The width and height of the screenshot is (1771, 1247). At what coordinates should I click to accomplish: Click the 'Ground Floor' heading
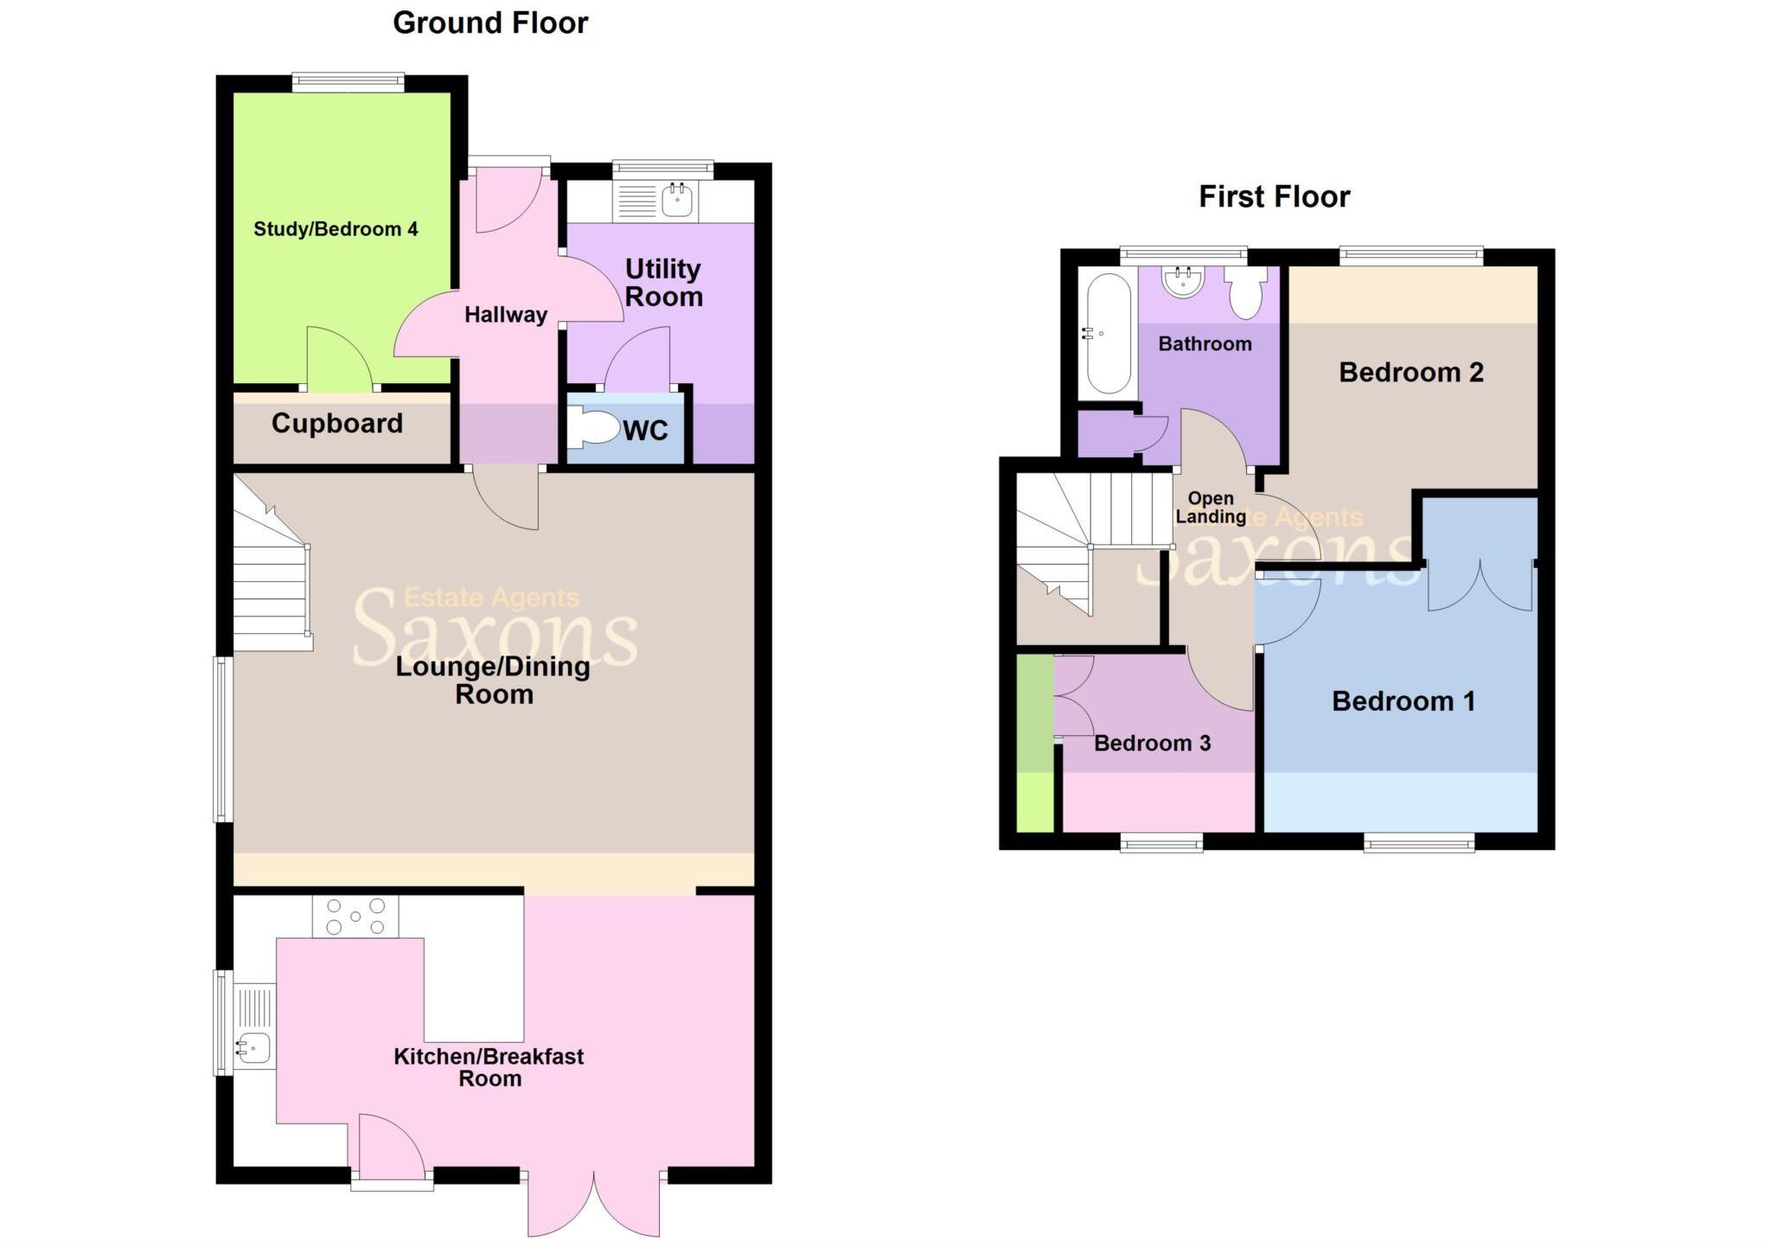click(490, 23)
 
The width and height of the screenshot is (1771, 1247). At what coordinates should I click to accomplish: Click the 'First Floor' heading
click(1274, 197)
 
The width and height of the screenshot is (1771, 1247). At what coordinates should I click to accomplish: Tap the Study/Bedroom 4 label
click(336, 229)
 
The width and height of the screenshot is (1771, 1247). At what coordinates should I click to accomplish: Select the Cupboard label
click(337, 423)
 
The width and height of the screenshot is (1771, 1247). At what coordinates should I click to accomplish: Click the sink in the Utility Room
click(677, 201)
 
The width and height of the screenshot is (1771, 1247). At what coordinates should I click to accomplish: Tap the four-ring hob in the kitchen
click(355, 917)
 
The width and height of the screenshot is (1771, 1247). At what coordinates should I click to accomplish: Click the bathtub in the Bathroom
click(1109, 333)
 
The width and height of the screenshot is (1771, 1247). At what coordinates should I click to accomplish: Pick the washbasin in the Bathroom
click(1183, 281)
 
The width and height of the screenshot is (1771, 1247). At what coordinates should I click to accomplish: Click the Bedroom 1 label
click(1403, 701)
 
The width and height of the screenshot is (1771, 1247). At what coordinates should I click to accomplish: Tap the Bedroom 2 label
click(1411, 373)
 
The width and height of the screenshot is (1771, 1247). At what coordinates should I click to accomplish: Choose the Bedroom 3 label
click(1152, 744)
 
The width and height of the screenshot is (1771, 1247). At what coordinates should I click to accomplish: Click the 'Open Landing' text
click(1210, 508)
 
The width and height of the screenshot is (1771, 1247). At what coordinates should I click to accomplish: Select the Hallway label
click(506, 315)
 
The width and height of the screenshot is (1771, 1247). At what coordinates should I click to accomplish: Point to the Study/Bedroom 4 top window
click(348, 82)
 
